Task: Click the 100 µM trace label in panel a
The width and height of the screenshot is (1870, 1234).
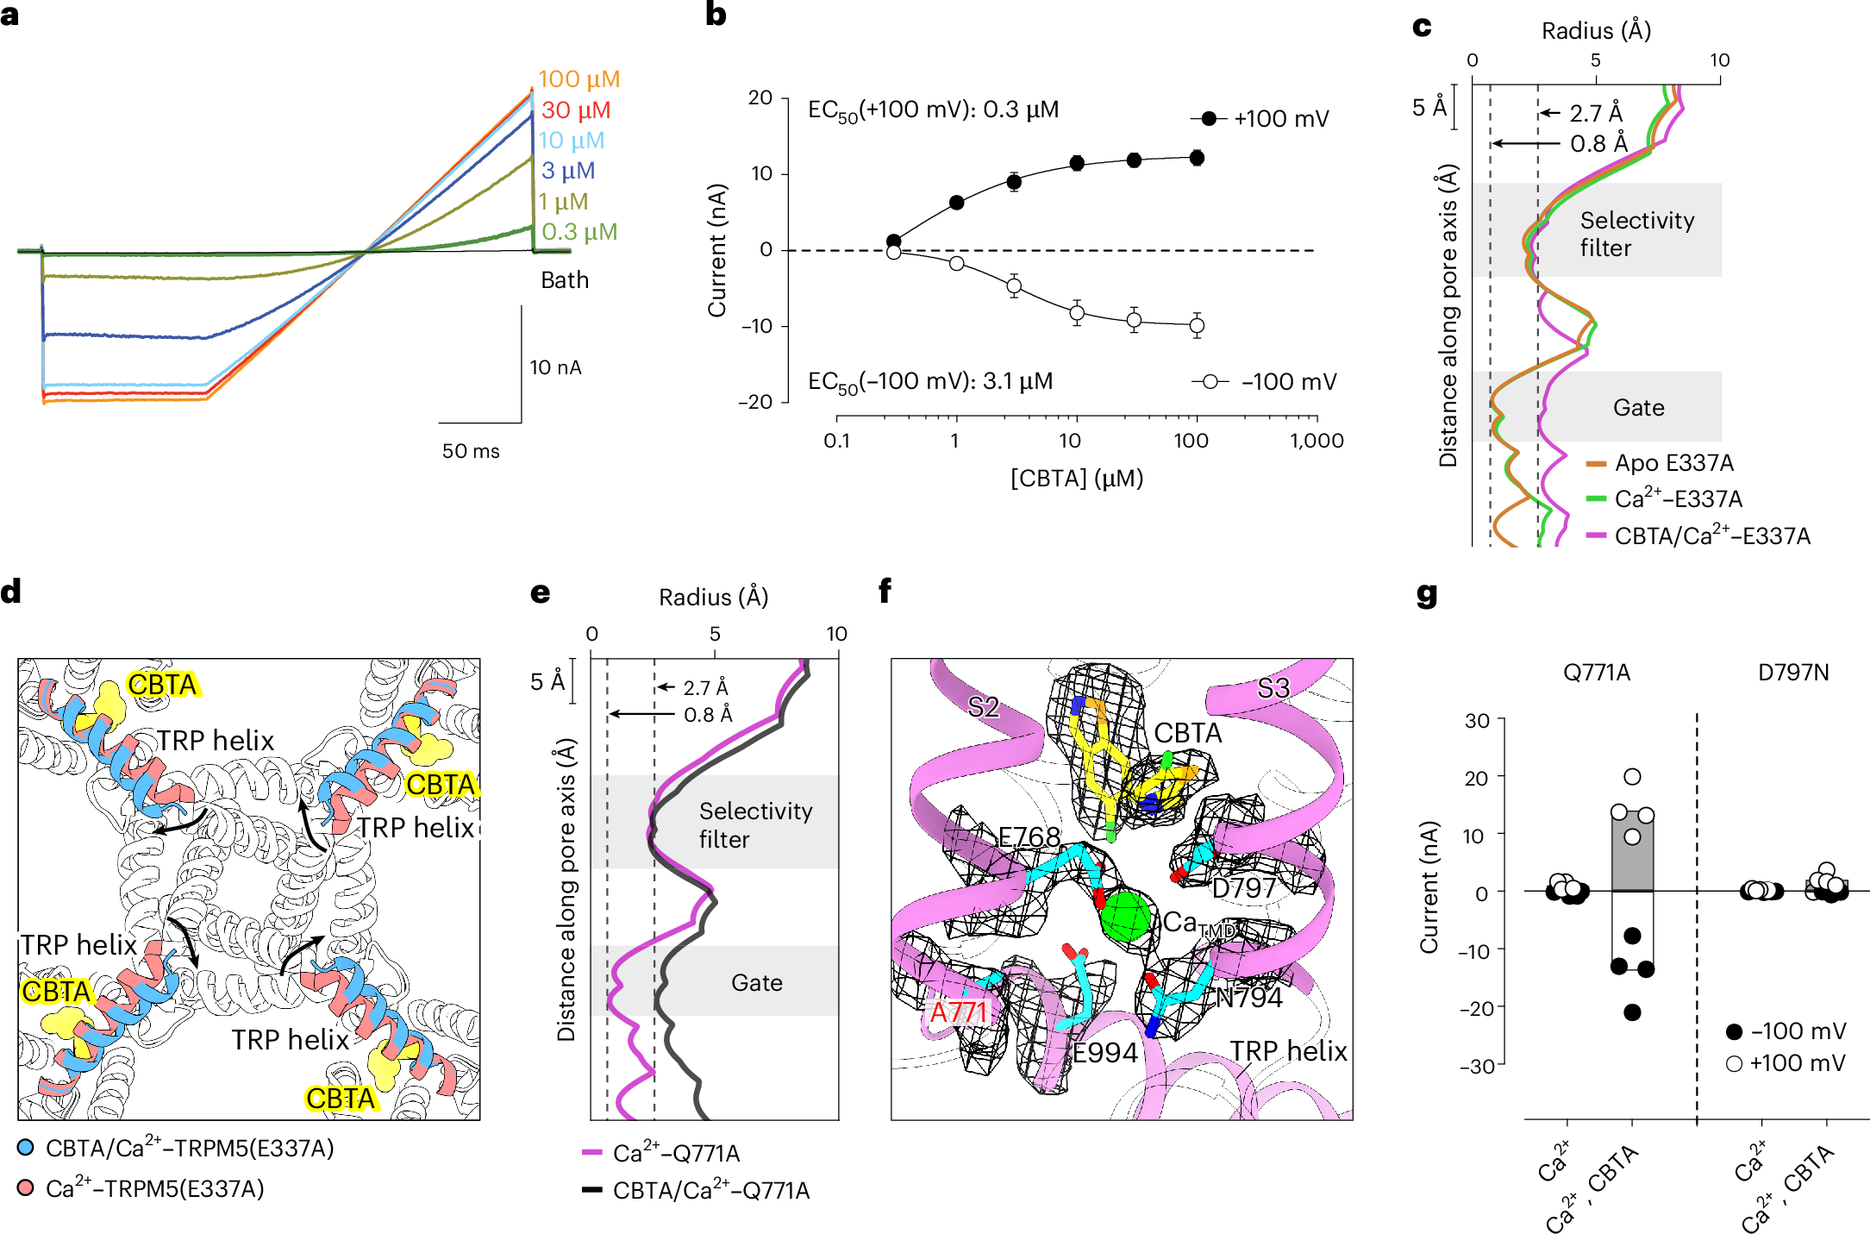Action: pos(579,79)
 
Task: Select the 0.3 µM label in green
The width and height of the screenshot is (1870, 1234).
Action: pos(579,232)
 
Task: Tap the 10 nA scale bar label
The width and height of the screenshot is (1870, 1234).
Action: pos(555,368)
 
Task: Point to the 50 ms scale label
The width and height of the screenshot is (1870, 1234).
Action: pos(471,451)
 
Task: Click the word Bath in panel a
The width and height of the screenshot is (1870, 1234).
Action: pos(565,280)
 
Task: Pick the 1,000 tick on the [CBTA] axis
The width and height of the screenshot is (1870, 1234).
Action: pos(1317,441)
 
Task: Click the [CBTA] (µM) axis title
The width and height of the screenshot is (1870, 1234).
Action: pos(1077,478)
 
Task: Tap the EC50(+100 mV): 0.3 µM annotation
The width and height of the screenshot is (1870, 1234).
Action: pos(933,110)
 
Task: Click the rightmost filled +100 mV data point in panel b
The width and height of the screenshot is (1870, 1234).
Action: pos(1197,158)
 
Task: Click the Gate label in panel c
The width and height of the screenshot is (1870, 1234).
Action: pos(1638,408)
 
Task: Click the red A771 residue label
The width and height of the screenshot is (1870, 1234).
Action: pos(959,1012)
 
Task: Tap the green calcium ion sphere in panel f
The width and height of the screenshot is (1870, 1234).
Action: pos(1126,917)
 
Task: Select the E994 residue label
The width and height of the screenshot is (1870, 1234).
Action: pos(1105,1053)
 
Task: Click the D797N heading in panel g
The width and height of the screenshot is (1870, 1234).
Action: pos(1793,673)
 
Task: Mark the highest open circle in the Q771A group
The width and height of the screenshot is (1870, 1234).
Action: pos(1632,777)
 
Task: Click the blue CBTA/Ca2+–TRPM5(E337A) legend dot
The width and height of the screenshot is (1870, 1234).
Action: pos(26,1148)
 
